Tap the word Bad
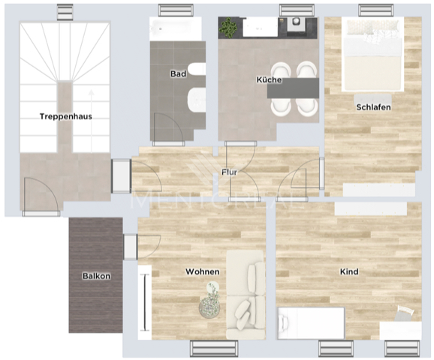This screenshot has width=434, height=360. tap(178, 74)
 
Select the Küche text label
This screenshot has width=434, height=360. tap(269, 79)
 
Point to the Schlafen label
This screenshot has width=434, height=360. tap(373, 107)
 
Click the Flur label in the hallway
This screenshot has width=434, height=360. tap(230, 172)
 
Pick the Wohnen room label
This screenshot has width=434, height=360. tap(202, 271)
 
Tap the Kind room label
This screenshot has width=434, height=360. tap(348, 271)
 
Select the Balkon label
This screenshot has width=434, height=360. tap(96, 276)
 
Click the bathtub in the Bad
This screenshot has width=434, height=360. tap(176, 29)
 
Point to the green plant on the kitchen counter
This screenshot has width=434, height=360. tap(228, 28)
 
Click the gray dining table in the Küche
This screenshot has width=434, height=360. tap(294, 87)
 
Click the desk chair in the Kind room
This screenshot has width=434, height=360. tap(405, 316)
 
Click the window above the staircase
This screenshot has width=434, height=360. tap(65, 11)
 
